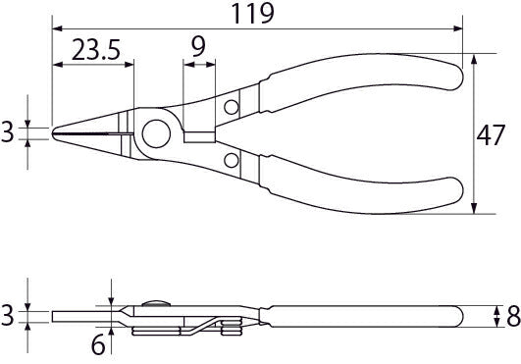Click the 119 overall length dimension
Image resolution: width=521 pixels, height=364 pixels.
(x=252, y=14)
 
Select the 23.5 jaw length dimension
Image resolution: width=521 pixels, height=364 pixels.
(x=96, y=50)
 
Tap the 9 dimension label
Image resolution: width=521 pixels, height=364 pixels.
(x=198, y=46)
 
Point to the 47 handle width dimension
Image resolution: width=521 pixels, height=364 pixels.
(x=491, y=135)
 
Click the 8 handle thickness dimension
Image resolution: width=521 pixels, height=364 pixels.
(x=513, y=316)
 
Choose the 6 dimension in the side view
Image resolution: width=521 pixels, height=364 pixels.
(x=98, y=344)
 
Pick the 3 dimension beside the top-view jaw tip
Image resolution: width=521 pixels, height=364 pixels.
(x=7, y=131)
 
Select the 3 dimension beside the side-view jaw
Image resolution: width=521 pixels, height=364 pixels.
(x=7, y=315)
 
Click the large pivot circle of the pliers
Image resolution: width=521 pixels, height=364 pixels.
(x=156, y=133)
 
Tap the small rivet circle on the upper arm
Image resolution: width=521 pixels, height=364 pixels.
(x=232, y=107)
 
